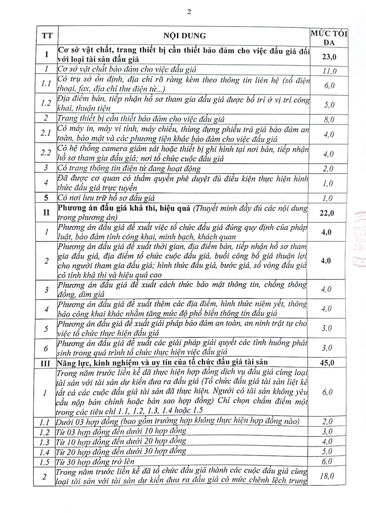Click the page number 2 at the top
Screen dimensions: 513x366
pyautogui.click(x=189, y=12)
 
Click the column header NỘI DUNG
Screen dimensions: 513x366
pyautogui.click(x=185, y=36)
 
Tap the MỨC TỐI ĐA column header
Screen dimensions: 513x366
pyautogui.click(x=329, y=37)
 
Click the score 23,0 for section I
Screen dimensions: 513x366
pyautogui.click(x=329, y=56)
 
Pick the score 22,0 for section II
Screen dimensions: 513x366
pyautogui.click(x=328, y=213)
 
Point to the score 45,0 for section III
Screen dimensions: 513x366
pyautogui.click(x=328, y=362)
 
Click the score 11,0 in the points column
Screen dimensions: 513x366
pyautogui.click(x=329, y=71)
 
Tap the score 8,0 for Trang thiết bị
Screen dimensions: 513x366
pyautogui.click(x=328, y=120)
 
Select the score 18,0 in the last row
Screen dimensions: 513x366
pyautogui.click(x=327, y=476)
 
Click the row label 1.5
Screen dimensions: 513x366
pyautogui.click(x=45, y=461)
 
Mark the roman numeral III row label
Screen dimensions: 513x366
pyautogui.click(x=46, y=363)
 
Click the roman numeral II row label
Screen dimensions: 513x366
pyautogui.click(x=46, y=213)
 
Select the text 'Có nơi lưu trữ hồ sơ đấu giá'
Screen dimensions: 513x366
pyautogui.click(x=106, y=198)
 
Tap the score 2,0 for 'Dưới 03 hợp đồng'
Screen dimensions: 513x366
pyautogui.click(x=327, y=421)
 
